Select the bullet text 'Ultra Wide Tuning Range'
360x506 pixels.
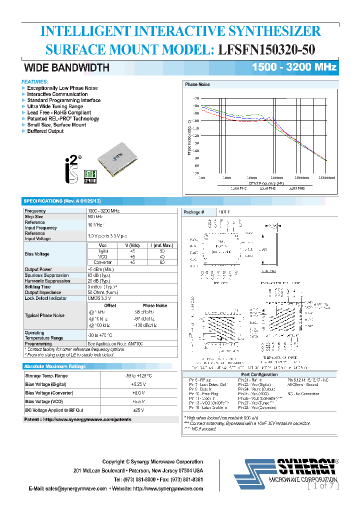(x=55, y=106)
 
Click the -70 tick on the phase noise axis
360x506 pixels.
(x=195, y=98)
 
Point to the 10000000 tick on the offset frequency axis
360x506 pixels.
(x=326, y=177)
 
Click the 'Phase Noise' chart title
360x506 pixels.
(x=197, y=84)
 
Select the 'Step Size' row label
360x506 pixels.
(x=34, y=217)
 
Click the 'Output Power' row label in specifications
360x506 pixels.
(x=38, y=269)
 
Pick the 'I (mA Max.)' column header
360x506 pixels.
(x=162, y=245)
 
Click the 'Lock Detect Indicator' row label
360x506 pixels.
(x=45, y=298)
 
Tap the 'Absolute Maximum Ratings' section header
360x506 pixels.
(x=55, y=366)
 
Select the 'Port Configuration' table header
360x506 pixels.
(x=259, y=374)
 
